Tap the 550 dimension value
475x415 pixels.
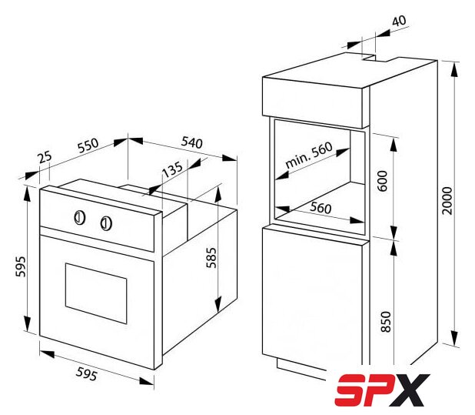(x=88, y=146)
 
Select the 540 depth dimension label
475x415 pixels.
(x=191, y=142)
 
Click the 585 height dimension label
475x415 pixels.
(x=211, y=258)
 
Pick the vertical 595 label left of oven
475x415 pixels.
(x=21, y=266)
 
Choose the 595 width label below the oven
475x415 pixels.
(x=87, y=373)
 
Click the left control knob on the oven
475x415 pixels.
(x=80, y=218)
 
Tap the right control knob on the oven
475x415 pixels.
(x=106, y=223)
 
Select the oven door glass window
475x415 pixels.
(x=96, y=293)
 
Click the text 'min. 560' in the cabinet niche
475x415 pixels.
(x=309, y=155)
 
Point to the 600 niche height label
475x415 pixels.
(x=383, y=181)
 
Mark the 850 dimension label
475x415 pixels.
(x=386, y=322)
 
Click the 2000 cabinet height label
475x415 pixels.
(x=447, y=201)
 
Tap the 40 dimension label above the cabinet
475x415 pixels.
(x=399, y=21)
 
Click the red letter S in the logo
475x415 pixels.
(x=352, y=390)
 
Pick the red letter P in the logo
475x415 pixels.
(x=380, y=390)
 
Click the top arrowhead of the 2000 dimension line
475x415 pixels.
(x=453, y=69)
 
